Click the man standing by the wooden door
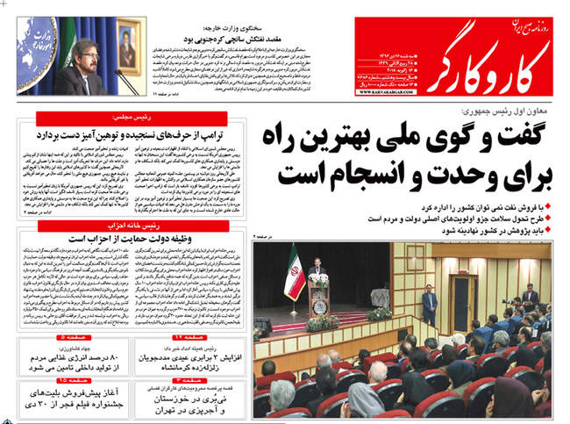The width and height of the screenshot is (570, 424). [429, 304]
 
